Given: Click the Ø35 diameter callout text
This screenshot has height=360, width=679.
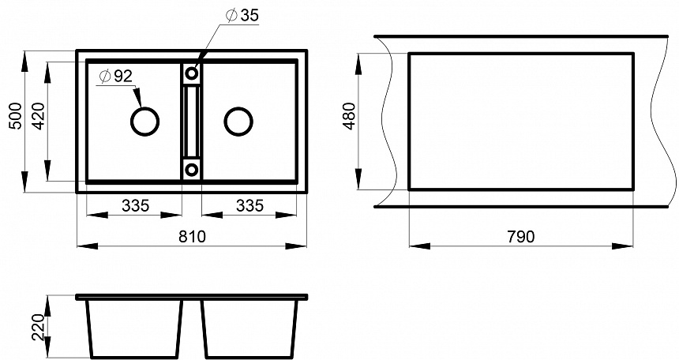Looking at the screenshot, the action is click(242, 15).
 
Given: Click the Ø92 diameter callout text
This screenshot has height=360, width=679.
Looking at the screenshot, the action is click(115, 77).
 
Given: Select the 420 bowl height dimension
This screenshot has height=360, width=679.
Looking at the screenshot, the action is click(38, 116).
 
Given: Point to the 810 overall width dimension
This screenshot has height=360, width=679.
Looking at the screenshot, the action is click(192, 237).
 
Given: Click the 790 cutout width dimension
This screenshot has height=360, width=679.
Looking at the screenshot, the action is click(521, 237).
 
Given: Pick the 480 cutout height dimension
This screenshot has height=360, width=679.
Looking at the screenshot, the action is click(349, 116).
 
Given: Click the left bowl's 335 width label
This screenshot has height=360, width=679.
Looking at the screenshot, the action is click(135, 205).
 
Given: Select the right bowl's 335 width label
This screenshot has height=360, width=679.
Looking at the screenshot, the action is click(249, 205).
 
